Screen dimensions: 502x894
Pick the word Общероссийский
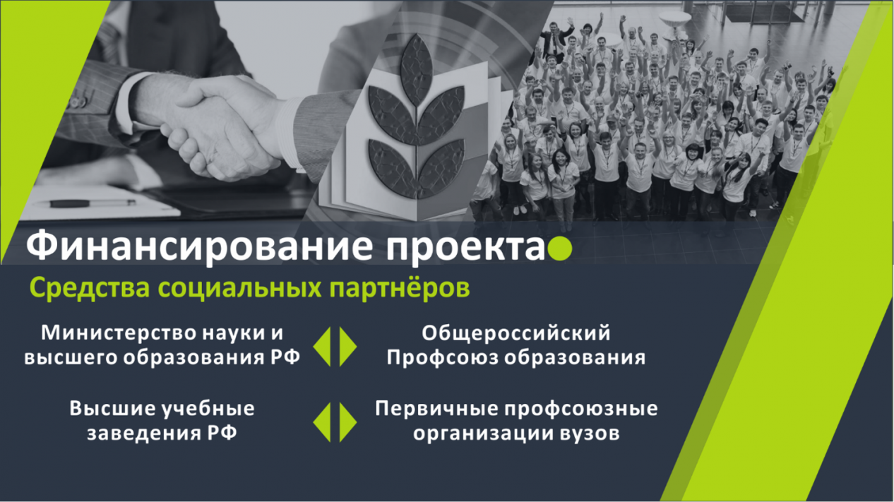point(515,332)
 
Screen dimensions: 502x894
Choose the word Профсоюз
point(433,357)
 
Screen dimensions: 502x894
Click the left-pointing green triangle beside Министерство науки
point(323,345)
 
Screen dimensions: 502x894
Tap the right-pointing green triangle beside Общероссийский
point(347,345)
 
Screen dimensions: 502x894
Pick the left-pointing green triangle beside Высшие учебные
point(323,422)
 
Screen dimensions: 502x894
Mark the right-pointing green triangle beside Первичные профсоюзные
point(347,422)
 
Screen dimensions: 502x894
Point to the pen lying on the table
point(93,203)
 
